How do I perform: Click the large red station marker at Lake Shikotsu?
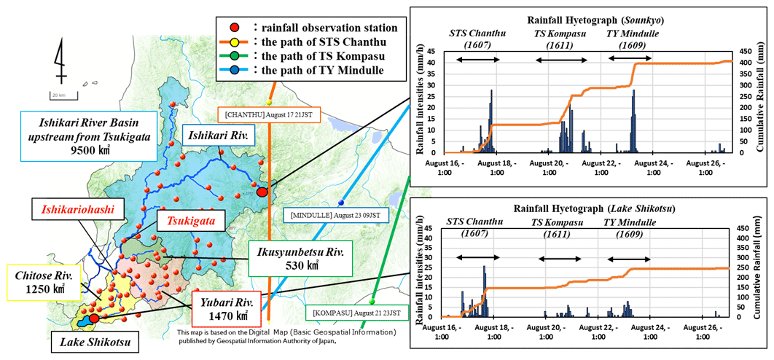coord(94,318)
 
